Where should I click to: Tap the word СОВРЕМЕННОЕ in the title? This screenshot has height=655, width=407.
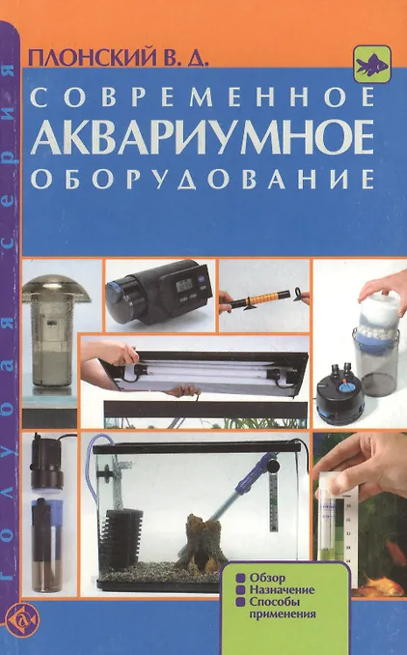(x=203, y=97)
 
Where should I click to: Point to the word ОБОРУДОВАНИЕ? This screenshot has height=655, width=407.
(x=202, y=179)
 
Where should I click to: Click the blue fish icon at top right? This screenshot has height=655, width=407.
(x=371, y=64)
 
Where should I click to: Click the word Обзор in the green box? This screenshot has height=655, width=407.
(x=267, y=578)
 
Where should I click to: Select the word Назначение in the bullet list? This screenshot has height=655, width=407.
(x=282, y=590)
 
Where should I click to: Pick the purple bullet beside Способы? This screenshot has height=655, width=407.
(x=240, y=602)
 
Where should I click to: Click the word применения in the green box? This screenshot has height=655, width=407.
(x=283, y=614)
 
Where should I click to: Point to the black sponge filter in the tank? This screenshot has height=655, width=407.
(x=125, y=534)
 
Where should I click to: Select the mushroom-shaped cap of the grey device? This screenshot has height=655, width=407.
(x=56, y=288)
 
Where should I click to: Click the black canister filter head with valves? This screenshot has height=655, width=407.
(x=338, y=393)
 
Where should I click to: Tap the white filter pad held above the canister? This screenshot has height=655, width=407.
(x=379, y=310)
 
